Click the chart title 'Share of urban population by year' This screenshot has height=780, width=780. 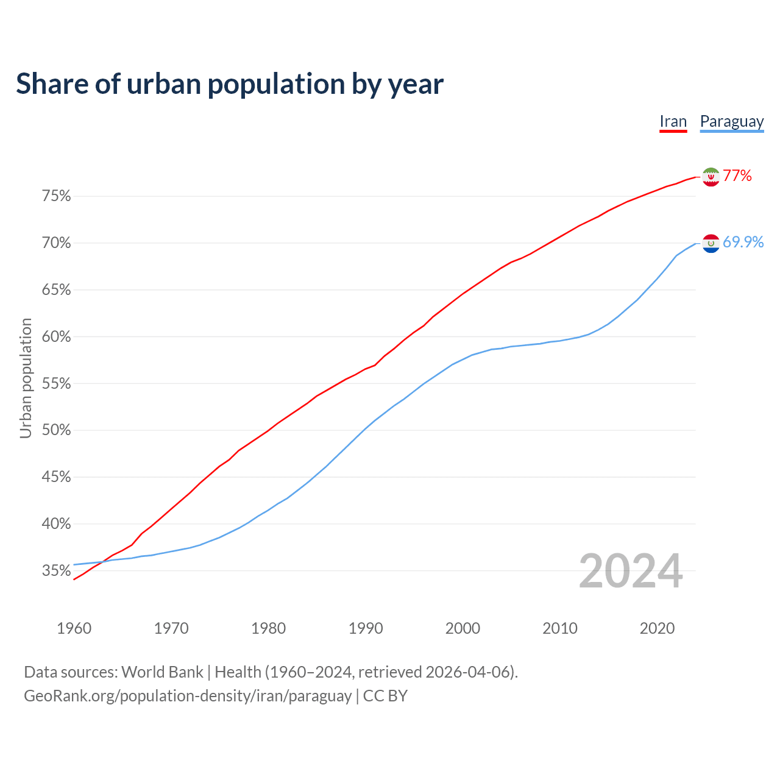230,84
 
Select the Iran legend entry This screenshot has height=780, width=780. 673,121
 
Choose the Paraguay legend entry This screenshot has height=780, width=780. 731,121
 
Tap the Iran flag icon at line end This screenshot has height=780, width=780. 711,176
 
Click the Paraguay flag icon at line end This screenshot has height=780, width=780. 711,243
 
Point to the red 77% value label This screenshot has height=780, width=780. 737,176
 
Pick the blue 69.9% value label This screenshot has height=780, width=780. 743,243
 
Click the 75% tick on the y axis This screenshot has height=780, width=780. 56,196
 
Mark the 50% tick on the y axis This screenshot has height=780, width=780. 56,430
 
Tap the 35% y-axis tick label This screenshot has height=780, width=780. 56,571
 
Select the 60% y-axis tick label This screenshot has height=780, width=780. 56,337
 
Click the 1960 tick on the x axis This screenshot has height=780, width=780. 74,628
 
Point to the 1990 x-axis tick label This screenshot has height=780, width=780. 366,628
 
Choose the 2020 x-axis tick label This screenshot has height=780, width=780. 657,628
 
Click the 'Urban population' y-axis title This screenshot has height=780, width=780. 26,378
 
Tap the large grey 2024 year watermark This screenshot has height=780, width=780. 630,572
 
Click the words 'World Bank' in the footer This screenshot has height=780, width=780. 162,672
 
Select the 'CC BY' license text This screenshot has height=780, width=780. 385,696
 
